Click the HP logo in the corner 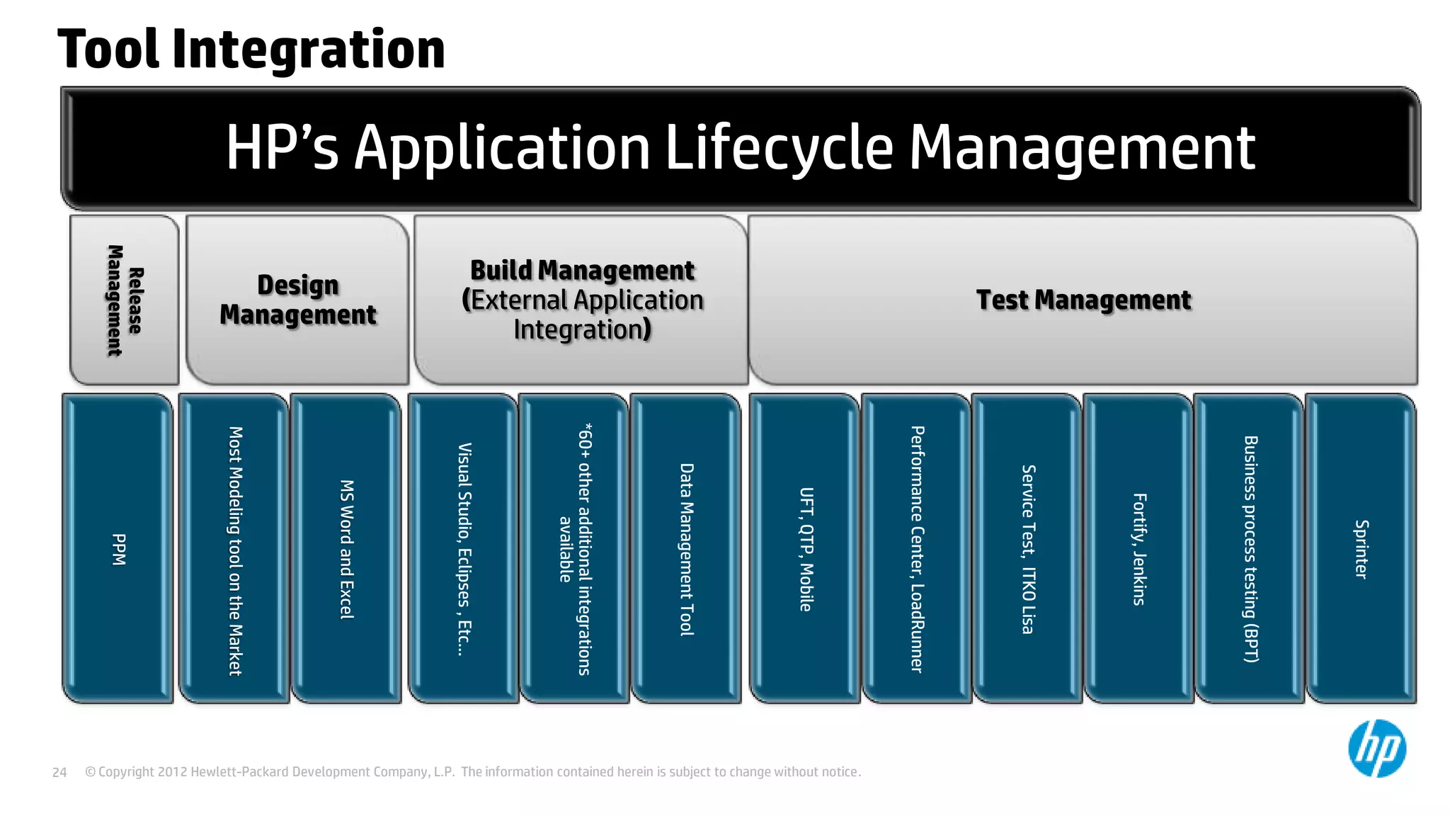click(1376, 749)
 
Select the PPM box click(118, 549)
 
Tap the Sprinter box click(1361, 549)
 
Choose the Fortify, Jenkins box click(1138, 549)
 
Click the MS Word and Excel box click(346, 549)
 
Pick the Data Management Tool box click(686, 549)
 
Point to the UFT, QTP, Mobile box click(805, 549)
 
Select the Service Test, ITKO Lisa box click(1027, 549)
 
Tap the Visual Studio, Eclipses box click(464, 549)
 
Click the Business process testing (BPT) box click(1250, 549)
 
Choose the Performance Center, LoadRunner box click(917, 549)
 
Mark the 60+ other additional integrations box click(574, 549)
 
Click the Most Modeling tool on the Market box click(235, 549)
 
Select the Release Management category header click(125, 300)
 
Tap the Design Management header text click(298, 300)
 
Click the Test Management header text click(1083, 300)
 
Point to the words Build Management click(582, 271)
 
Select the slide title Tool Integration click(251, 49)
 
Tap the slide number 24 click(59, 772)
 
